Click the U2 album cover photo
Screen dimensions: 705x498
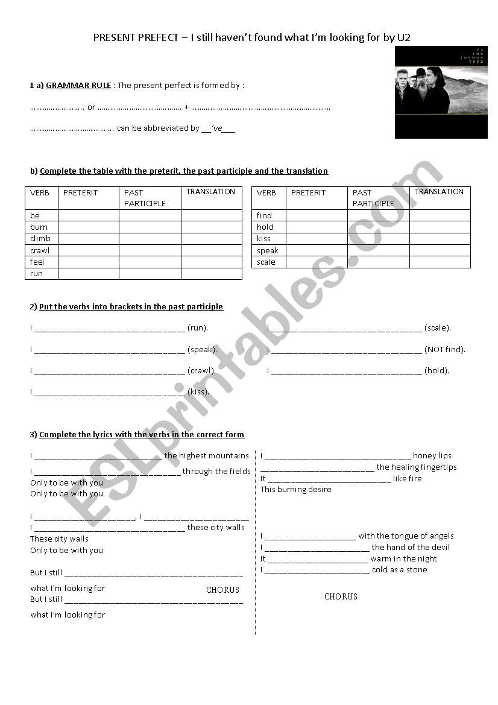[441, 92]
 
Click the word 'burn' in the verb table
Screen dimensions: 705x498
[39, 227]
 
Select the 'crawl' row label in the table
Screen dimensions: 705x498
[40, 250]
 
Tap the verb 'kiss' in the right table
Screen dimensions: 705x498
[263, 238]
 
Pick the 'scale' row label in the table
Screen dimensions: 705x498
[266, 262]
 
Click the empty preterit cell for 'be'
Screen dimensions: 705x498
[88, 215]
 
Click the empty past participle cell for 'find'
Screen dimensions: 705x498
[378, 215]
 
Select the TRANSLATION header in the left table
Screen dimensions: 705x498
[210, 192]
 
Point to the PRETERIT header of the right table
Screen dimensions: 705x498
[308, 192]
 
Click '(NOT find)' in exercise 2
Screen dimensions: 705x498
[445, 349]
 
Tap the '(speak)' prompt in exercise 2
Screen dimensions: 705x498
[202, 349]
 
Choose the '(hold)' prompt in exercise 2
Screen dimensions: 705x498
[437, 370]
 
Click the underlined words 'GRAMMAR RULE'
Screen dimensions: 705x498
[78, 86]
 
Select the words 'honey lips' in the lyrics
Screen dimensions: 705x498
[432, 456]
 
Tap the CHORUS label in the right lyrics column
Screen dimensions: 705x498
[341, 596]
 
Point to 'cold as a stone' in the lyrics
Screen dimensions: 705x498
[399, 569]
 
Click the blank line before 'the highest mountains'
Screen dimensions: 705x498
[98, 457]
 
